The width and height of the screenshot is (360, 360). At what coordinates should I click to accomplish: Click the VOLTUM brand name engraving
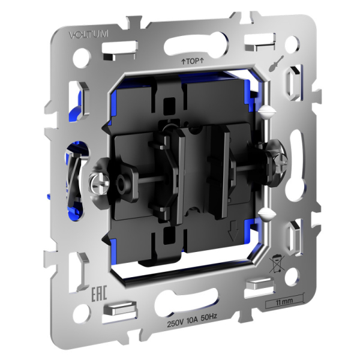click(x=88, y=34)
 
